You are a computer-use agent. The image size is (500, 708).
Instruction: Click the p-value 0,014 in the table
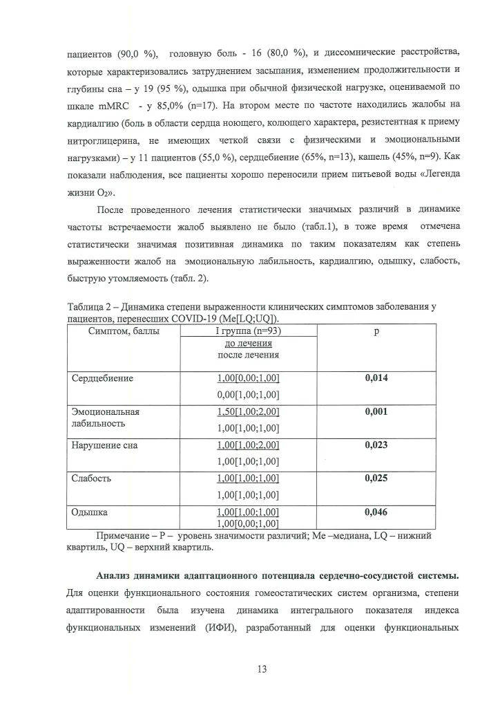click(x=376, y=379)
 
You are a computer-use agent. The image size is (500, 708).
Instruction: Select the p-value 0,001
click(x=376, y=412)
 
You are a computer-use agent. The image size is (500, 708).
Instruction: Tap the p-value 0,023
click(x=376, y=446)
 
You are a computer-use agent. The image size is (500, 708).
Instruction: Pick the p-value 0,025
click(x=376, y=479)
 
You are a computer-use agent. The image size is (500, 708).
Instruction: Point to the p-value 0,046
click(x=376, y=512)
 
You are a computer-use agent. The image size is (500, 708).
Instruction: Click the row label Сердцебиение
click(x=103, y=379)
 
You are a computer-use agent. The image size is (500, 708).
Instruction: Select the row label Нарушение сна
click(x=105, y=446)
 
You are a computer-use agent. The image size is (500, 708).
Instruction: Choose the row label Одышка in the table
click(x=90, y=512)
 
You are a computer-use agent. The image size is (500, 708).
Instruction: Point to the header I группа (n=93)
click(x=249, y=331)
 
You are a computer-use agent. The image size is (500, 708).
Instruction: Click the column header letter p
click(x=376, y=331)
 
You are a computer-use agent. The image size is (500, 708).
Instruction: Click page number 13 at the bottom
click(x=251, y=669)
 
